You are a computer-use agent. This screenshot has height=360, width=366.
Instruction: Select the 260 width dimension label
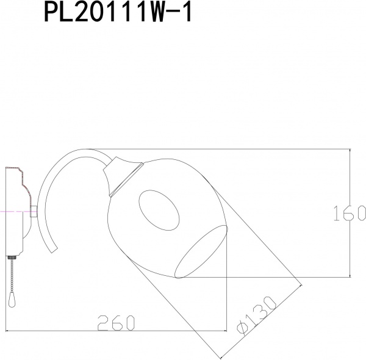coord(115,323)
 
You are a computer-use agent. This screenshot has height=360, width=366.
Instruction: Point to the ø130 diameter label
coord(257,317)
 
